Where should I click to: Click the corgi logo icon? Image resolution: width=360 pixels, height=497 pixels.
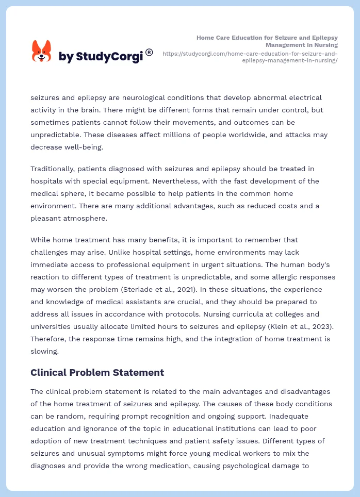coord(42,52)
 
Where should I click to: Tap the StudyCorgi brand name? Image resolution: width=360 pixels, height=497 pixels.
coord(101,57)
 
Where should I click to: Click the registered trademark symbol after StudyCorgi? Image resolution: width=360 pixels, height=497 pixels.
coord(149,52)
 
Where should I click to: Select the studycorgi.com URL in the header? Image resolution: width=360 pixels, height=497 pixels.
coord(250,57)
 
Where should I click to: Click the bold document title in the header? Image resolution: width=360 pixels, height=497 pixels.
coord(267,41)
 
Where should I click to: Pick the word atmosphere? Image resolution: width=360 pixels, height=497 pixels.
coord(83,218)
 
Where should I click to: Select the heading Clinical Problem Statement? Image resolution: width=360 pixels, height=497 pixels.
coord(97,372)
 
